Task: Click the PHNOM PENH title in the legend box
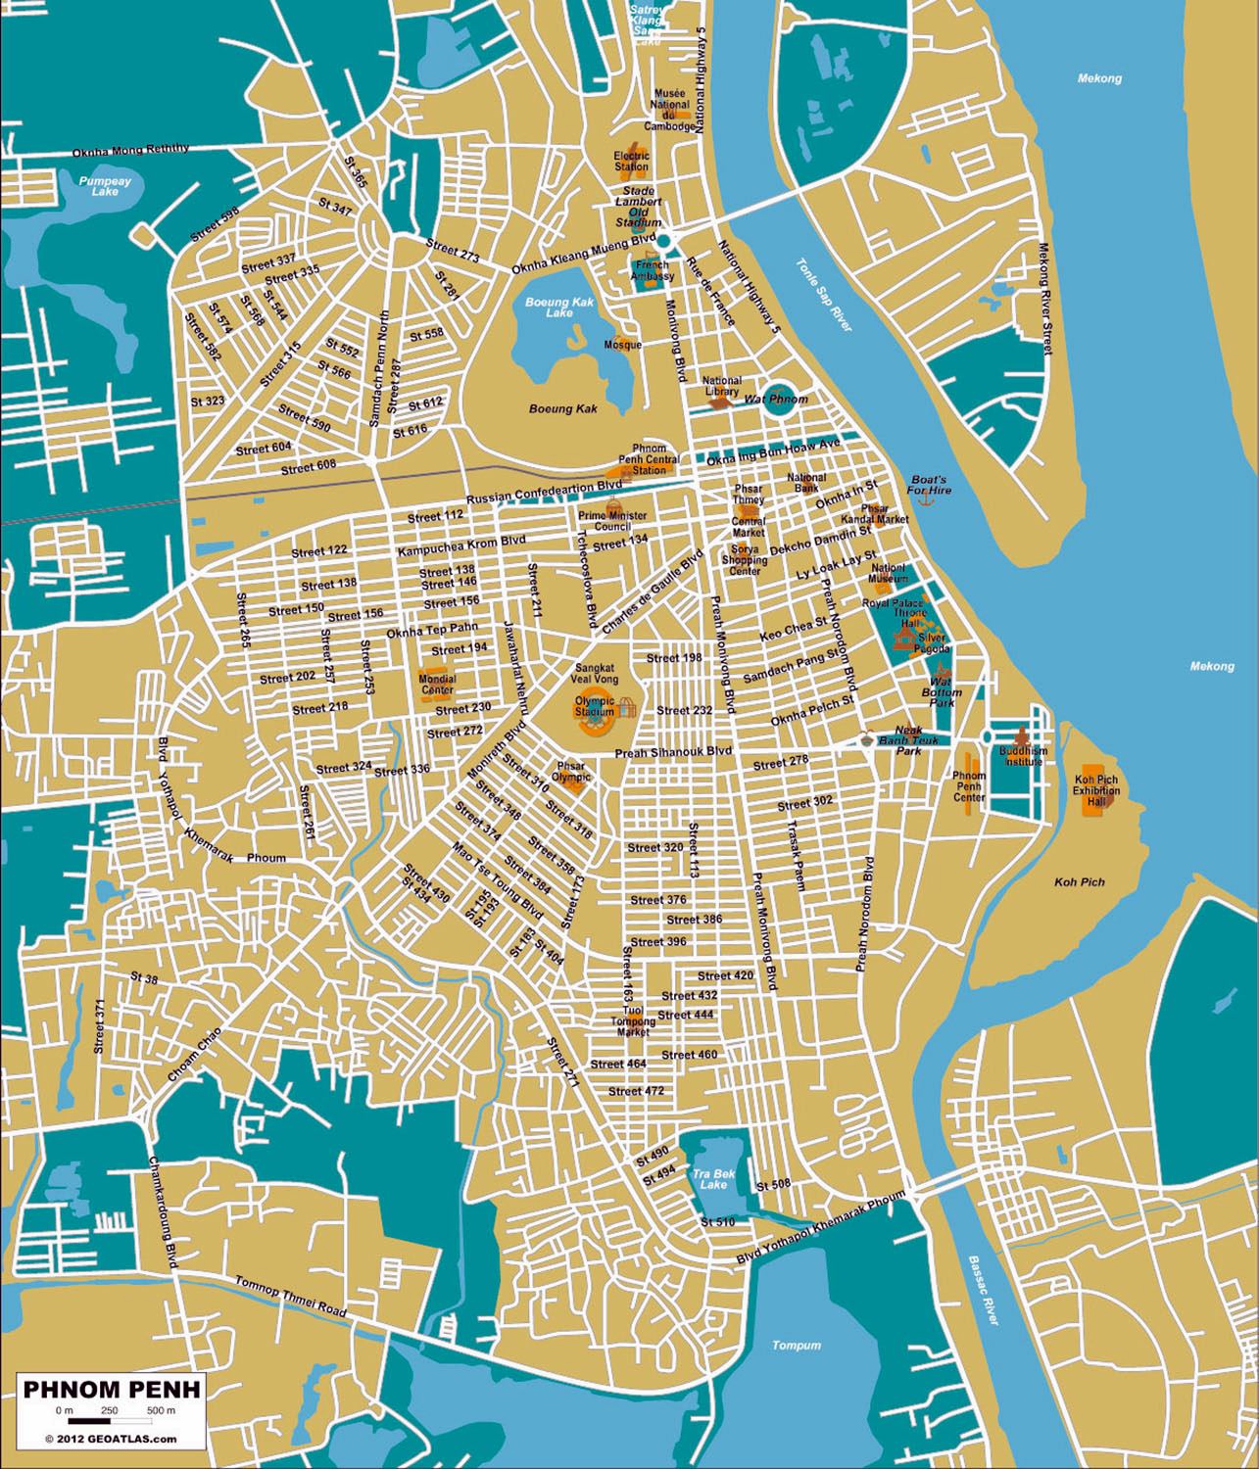[x=112, y=1389]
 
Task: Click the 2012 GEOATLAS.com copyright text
[x=111, y=1439]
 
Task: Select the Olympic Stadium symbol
[x=595, y=706]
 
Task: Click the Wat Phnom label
[x=776, y=400]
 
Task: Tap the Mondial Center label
[x=437, y=683]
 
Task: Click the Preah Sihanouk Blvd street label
[x=673, y=753]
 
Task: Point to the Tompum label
[x=796, y=1345]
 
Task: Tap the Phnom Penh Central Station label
[x=649, y=459]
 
